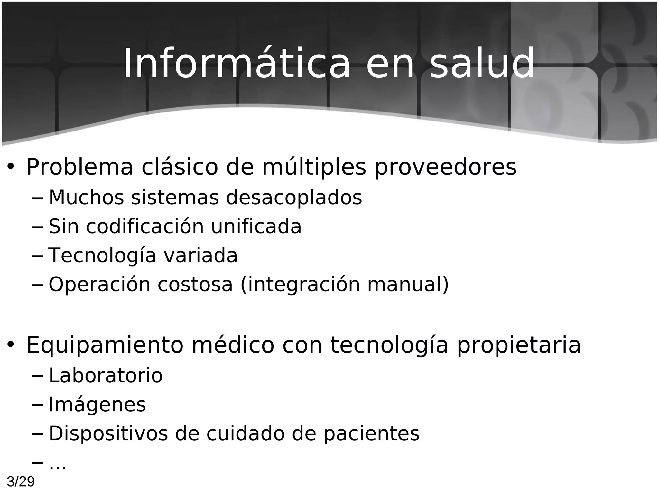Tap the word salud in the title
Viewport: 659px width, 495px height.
(x=482, y=63)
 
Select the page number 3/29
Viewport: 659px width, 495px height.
(x=21, y=482)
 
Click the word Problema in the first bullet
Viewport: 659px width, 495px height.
(x=79, y=167)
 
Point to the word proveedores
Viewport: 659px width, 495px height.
(x=445, y=167)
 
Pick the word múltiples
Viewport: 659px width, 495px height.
(x=314, y=167)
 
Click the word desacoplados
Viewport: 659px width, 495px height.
(x=294, y=197)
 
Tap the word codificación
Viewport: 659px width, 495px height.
(x=145, y=226)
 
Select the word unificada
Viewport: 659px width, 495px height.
(x=256, y=226)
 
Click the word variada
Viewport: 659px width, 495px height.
(x=200, y=255)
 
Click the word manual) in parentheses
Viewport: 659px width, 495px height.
(x=408, y=285)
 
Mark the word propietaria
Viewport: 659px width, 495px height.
(x=519, y=345)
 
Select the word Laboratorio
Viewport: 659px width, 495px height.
(x=106, y=375)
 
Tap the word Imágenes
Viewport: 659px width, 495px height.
(x=97, y=404)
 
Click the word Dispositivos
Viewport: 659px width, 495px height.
(x=108, y=433)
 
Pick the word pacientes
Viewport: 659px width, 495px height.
(x=371, y=433)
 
